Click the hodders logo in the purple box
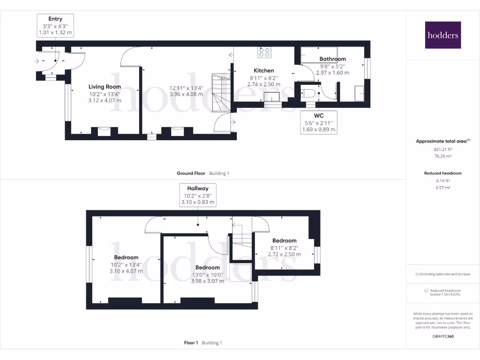[443, 35]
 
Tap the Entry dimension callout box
[55, 26]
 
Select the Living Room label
[105, 87]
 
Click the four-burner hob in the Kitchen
[264, 52]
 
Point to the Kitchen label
[263, 71]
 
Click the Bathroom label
[332, 59]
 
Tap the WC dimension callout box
[318, 122]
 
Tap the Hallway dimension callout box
[198, 195]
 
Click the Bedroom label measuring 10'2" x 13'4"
[126, 257]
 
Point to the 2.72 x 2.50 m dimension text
[284, 254]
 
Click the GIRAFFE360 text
[442, 336]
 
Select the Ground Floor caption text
[191, 173]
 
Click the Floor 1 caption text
[192, 343]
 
